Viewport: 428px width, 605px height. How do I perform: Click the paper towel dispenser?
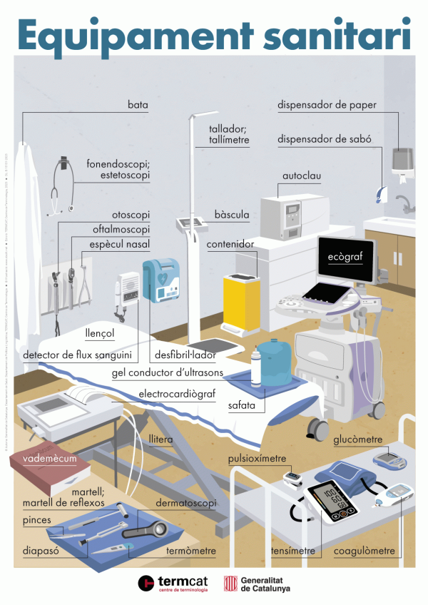coord(402,160)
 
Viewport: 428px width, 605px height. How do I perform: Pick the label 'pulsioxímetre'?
coord(257,458)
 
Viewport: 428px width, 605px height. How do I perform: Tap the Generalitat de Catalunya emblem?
coord(230,583)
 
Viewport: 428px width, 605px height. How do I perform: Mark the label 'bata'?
coord(138,105)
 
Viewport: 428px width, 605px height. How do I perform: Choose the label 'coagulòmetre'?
coord(363,551)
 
